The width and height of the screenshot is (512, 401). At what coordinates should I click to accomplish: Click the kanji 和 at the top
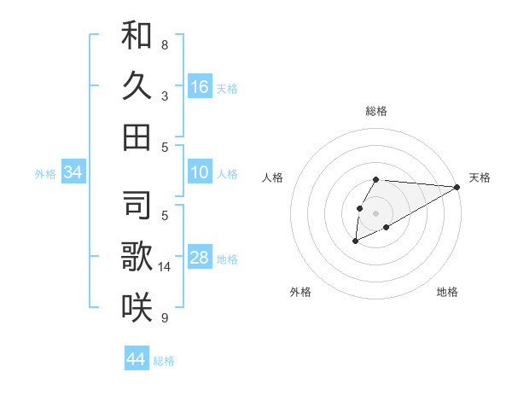point(137,36)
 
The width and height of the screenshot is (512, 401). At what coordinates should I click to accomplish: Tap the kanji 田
point(137,137)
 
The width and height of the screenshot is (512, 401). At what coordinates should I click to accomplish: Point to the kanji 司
point(137,205)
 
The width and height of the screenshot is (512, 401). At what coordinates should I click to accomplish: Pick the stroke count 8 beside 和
point(164,44)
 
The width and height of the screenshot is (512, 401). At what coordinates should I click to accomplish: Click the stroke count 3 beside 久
point(164,96)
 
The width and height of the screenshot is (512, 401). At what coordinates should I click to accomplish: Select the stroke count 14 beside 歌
point(166,267)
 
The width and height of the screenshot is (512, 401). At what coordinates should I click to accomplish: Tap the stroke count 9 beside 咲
point(164,318)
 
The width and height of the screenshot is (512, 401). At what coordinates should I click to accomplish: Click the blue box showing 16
point(200,87)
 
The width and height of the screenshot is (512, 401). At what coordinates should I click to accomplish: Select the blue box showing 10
point(200,173)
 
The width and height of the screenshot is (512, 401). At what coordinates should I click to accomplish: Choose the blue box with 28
point(200,259)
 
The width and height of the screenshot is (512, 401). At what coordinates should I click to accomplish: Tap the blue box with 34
point(73,173)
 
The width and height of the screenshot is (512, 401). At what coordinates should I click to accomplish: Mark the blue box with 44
point(137,359)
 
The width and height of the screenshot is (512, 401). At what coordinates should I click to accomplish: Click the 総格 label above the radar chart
point(376,111)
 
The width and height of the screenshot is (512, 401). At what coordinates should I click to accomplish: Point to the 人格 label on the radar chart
point(273,177)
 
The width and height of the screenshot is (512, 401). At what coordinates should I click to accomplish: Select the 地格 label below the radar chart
point(447,293)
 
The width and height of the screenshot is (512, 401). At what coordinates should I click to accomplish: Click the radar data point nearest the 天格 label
point(457,187)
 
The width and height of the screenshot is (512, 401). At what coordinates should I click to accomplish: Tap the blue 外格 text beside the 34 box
point(45,174)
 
